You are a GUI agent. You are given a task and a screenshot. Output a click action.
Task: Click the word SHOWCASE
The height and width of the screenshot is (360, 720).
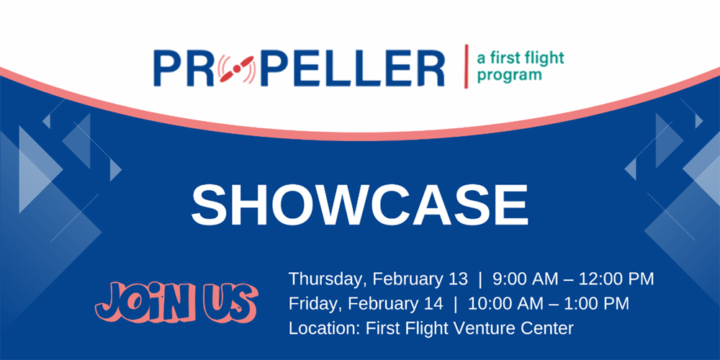359,204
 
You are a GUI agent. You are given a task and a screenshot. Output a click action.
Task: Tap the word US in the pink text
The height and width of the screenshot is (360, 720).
230,300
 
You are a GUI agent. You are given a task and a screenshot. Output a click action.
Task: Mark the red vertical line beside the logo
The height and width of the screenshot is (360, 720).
466,66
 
